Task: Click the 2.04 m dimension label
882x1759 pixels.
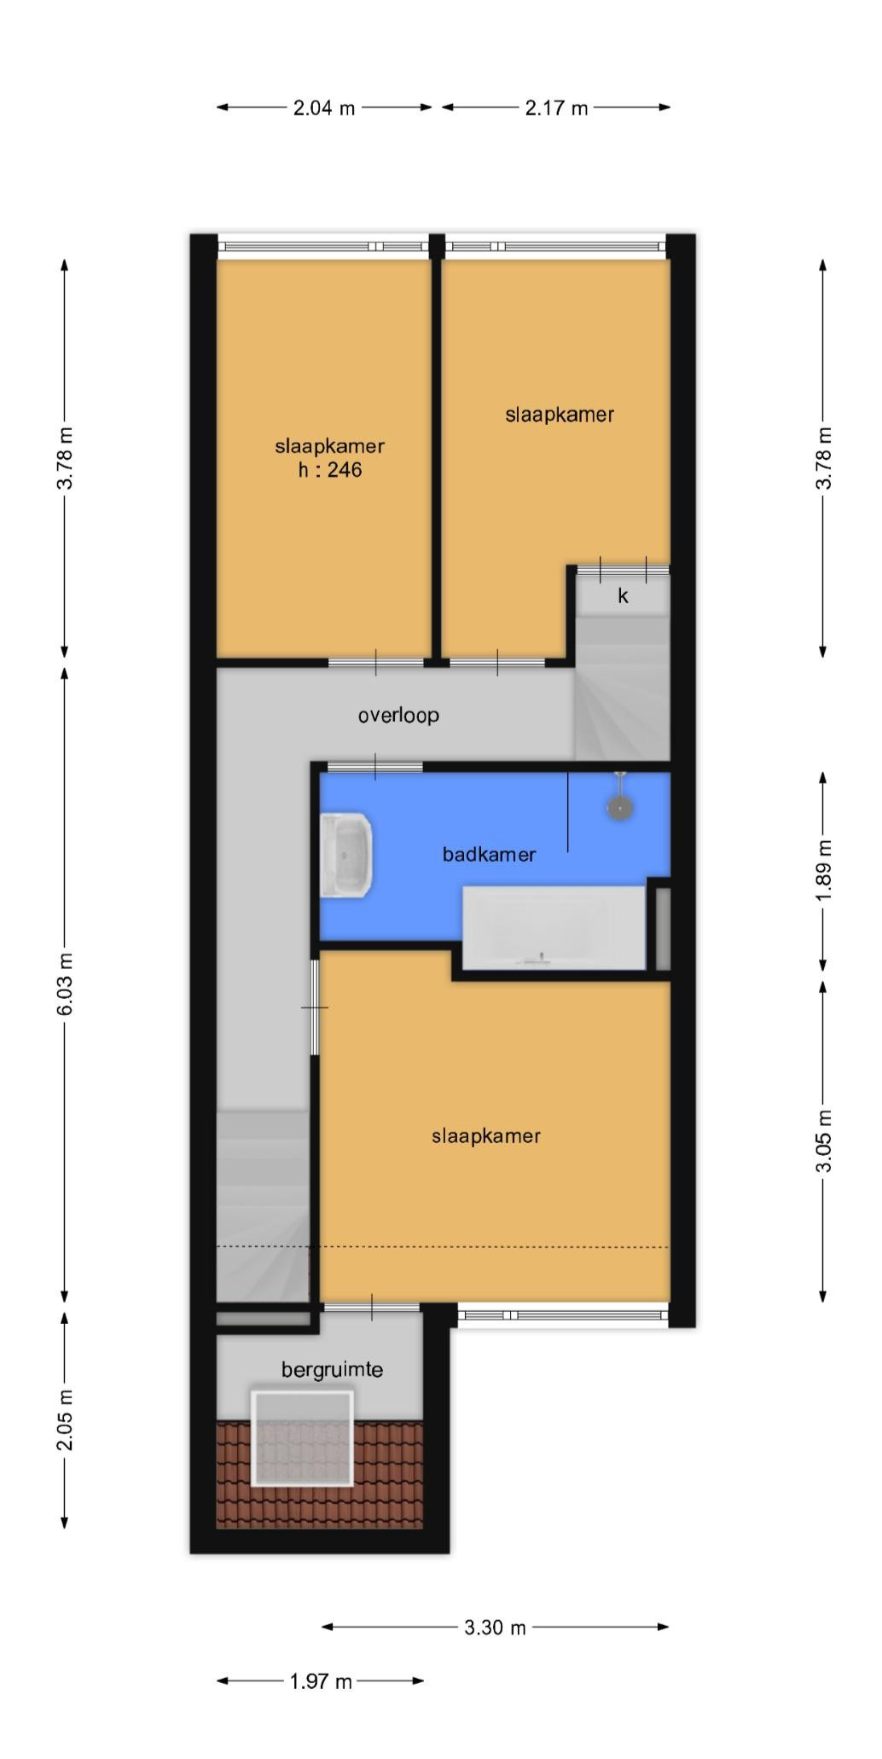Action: (323, 108)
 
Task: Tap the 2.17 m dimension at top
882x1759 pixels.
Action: (556, 108)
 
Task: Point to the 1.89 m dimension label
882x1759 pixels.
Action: (823, 870)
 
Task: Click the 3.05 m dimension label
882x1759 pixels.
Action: (823, 1141)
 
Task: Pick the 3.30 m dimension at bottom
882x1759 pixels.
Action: (495, 1628)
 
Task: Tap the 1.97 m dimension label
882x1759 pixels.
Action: (321, 1681)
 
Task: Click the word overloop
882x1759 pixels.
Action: (398, 715)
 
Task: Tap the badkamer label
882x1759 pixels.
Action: (489, 854)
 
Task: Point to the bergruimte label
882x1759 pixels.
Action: (332, 1370)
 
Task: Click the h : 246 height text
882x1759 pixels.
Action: (330, 470)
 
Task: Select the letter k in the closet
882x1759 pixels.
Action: (623, 596)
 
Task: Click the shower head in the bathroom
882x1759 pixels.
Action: (620, 805)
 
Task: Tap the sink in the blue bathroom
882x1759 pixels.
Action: (346, 854)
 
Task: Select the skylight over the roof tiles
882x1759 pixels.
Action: (302, 1438)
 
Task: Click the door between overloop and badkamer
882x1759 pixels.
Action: (375, 766)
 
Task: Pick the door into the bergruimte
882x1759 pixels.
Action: (372, 1308)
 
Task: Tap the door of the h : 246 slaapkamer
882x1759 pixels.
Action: (376, 663)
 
